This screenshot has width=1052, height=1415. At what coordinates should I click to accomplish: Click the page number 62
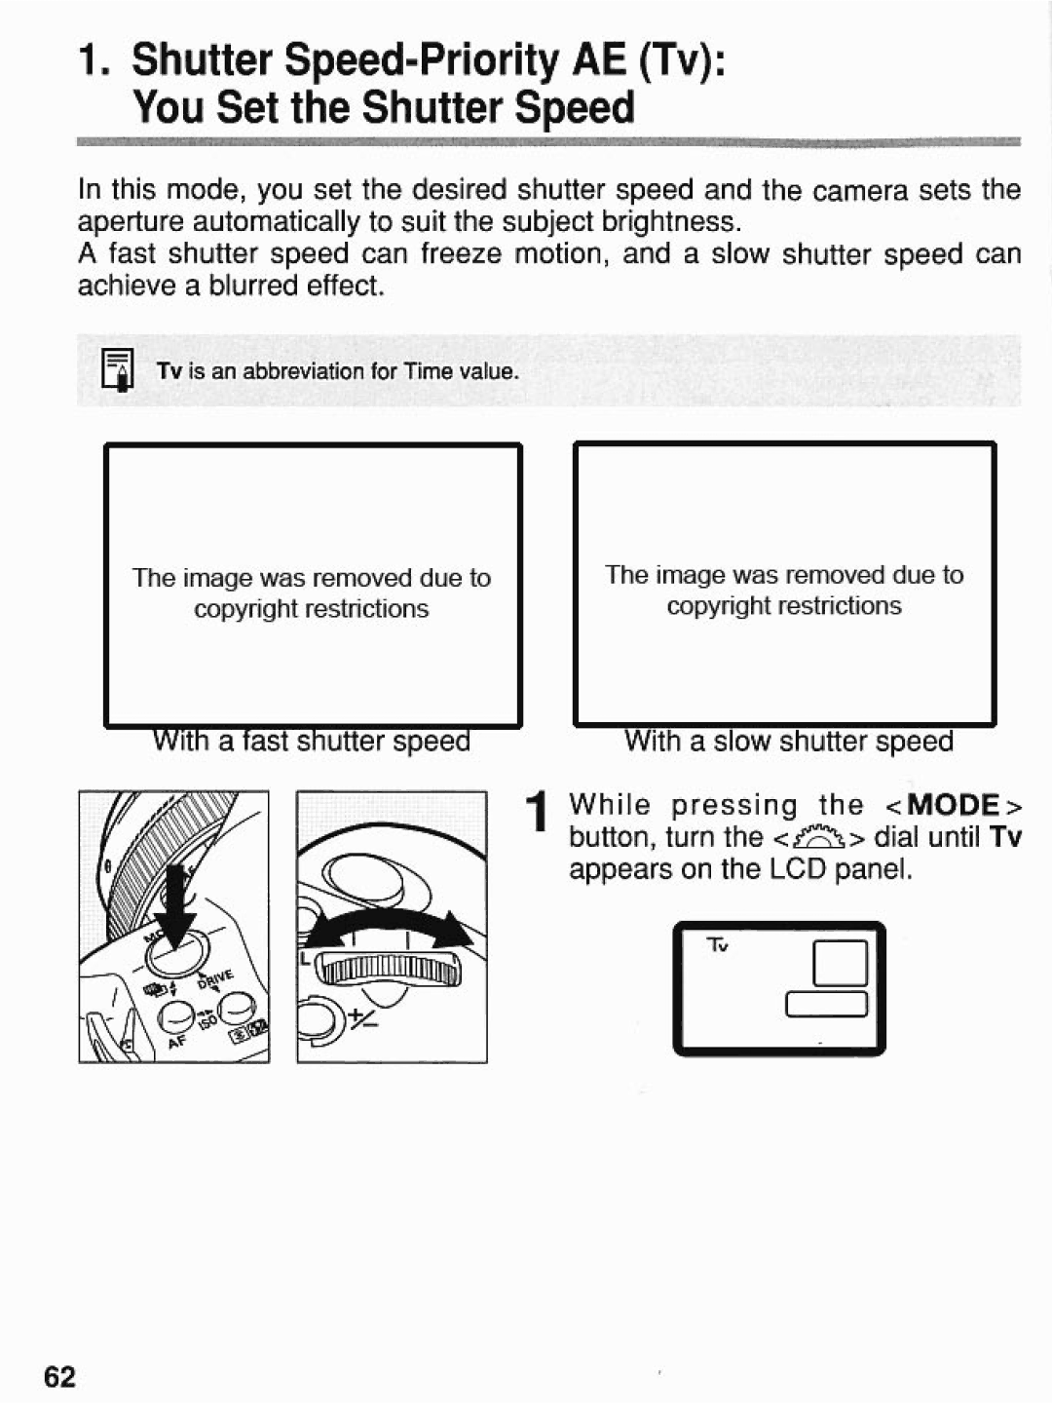(x=59, y=1376)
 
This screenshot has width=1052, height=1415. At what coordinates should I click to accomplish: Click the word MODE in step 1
(x=954, y=806)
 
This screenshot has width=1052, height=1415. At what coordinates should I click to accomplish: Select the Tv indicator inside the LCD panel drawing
(x=718, y=946)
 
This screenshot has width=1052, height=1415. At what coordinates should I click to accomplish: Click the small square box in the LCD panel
(x=839, y=963)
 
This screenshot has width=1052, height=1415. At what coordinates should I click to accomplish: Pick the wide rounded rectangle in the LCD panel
(x=826, y=1004)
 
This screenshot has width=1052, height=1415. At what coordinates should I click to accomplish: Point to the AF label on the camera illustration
(x=176, y=1042)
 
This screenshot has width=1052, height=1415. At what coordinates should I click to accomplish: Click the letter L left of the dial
(x=305, y=959)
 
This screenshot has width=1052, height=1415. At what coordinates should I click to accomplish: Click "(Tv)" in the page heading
(x=675, y=60)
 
